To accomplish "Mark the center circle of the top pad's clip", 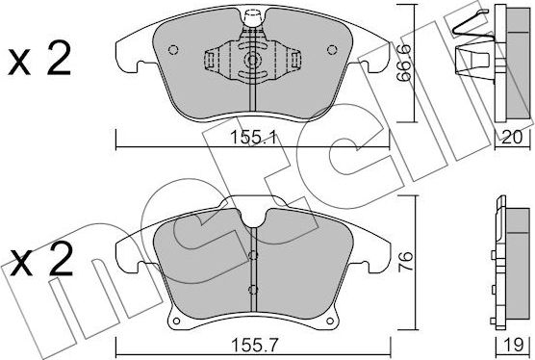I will (x=253, y=60).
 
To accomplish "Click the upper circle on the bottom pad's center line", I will (x=253, y=255).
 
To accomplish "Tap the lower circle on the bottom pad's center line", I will (x=253, y=289).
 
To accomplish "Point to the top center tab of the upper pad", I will (x=254, y=17).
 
